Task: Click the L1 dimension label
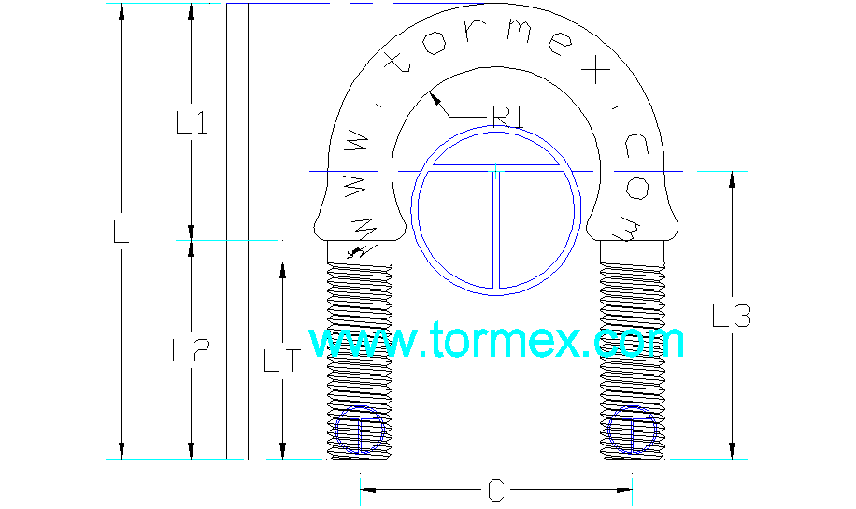pos(192,122)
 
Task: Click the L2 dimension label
pos(191,350)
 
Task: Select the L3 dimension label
pos(732,316)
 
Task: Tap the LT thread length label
pos(282,361)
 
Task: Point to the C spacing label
pos(495,490)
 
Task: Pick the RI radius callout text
pos(507,117)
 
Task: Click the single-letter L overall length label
pos(121,232)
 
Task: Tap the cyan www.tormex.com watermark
pos(496,340)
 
